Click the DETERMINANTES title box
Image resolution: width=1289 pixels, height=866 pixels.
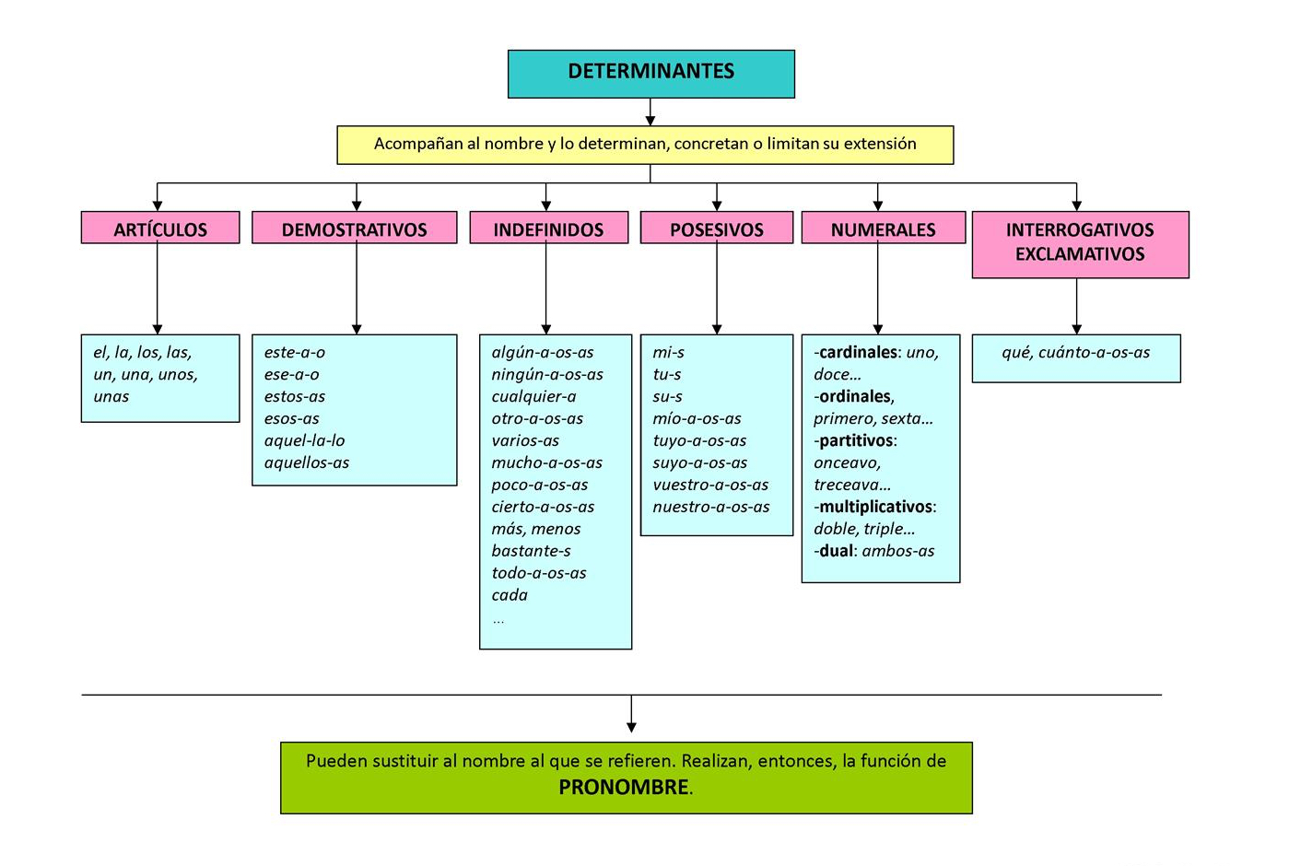pyautogui.click(x=650, y=74)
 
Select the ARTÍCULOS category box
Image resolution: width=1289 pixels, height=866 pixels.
pyautogui.click(x=160, y=228)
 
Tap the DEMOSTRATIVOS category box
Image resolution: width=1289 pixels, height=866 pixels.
pyautogui.click(x=354, y=228)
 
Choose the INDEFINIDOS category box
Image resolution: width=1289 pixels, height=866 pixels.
pyautogui.click(x=548, y=228)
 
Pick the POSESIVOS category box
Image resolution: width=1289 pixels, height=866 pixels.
pyautogui.click(x=716, y=228)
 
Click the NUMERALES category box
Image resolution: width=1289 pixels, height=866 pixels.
pyautogui.click(x=883, y=228)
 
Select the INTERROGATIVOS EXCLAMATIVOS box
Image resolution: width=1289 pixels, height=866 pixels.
pyautogui.click(x=1080, y=243)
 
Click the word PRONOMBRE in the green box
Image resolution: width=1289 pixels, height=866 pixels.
pyautogui.click(x=624, y=788)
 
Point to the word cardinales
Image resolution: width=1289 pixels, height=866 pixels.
pyautogui.click(x=858, y=353)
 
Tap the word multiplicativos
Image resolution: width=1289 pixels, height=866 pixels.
pyautogui.click(x=875, y=507)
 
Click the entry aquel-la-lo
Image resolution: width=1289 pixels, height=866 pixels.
pyautogui.click(x=304, y=440)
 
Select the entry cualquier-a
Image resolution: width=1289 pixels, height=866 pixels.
pyautogui.click(x=533, y=396)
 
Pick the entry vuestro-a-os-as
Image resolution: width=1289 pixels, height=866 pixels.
pyautogui.click(x=710, y=485)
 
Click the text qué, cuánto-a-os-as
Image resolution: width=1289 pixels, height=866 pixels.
pyautogui.click(x=1075, y=353)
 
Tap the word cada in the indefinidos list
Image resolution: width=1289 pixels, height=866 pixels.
pyautogui.click(x=510, y=595)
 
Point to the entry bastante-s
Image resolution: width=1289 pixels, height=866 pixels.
pyautogui.click(x=531, y=551)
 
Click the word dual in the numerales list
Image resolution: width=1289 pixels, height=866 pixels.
pyautogui.click(x=838, y=551)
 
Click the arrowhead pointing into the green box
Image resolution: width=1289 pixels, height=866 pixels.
pyautogui.click(x=631, y=728)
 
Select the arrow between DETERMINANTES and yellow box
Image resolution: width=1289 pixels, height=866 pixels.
pyautogui.click(x=650, y=112)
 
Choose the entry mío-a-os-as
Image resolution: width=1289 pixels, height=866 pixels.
pyautogui.click(x=697, y=418)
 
